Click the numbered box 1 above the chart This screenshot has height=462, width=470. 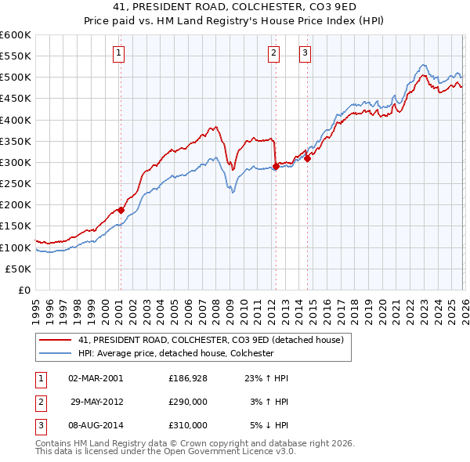118,53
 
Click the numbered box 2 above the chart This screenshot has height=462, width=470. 273,53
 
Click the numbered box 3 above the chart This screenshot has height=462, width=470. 304,53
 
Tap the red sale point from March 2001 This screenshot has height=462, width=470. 121,210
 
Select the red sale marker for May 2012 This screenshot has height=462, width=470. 276,166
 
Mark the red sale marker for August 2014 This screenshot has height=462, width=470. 307,158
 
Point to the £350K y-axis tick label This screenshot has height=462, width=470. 16,141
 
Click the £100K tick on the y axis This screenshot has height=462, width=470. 16,247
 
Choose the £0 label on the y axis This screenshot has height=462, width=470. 23,290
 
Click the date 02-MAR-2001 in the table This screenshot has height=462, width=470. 96,378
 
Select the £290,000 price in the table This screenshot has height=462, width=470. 187,402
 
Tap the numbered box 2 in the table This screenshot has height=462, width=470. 40,402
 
